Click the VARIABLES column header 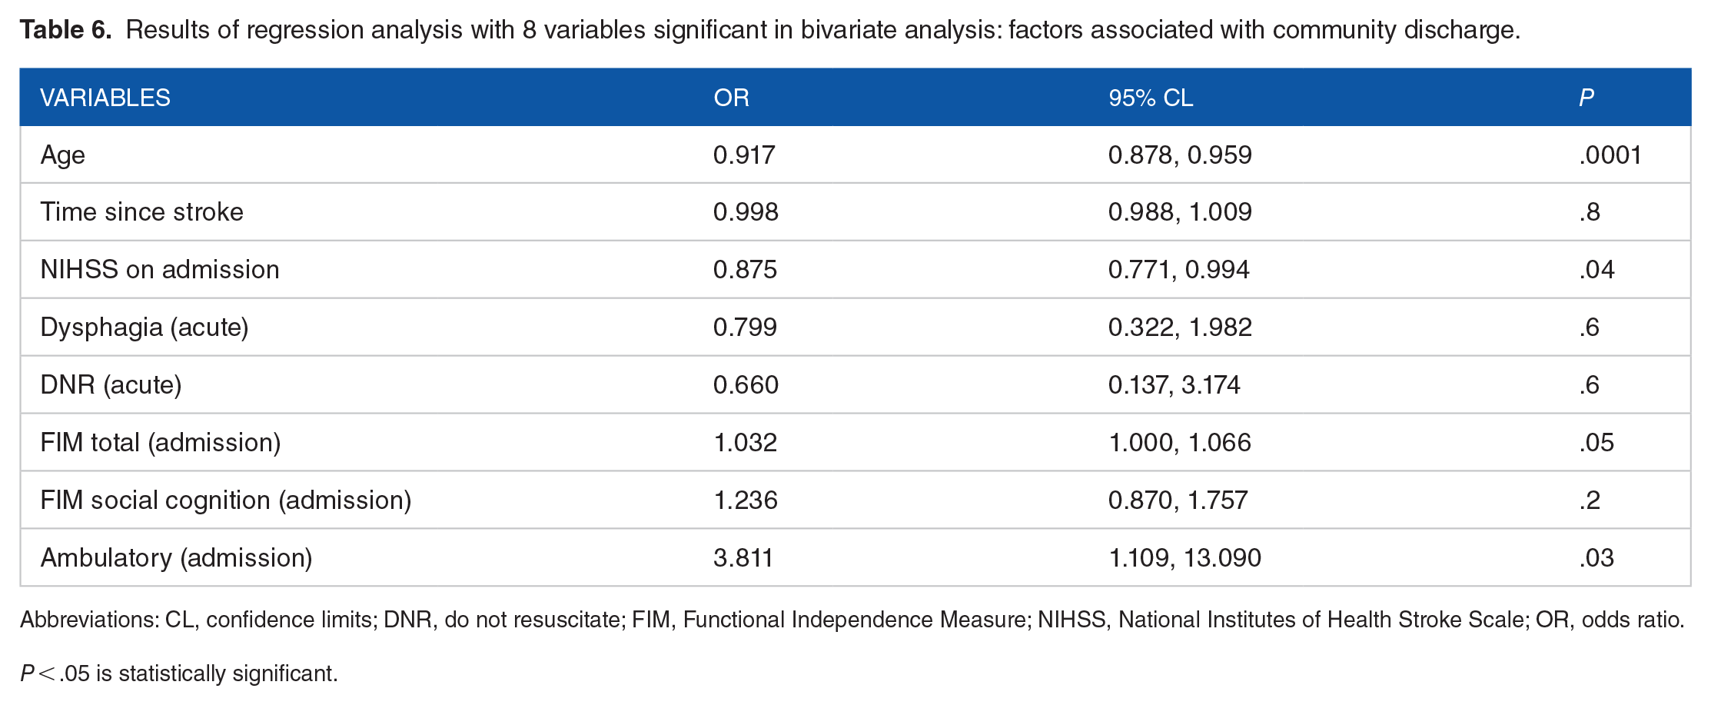click(105, 98)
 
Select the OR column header click(731, 98)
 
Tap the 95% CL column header click(1151, 98)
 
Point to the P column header click(1586, 98)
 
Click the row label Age click(62, 155)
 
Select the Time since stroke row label click(141, 211)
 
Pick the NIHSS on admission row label click(160, 269)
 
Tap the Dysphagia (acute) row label click(145, 328)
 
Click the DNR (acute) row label click(111, 384)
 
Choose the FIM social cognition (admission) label click(226, 500)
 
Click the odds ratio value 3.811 click(743, 557)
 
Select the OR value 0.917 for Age click(744, 155)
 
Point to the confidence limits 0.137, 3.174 click(1174, 384)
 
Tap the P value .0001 click(1610, 155)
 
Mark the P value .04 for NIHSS click(1596, 269)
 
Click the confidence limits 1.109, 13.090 click(1184, 557)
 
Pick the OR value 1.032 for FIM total click(746, 442)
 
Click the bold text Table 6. click(65, 29)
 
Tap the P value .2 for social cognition click(1590, 500)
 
